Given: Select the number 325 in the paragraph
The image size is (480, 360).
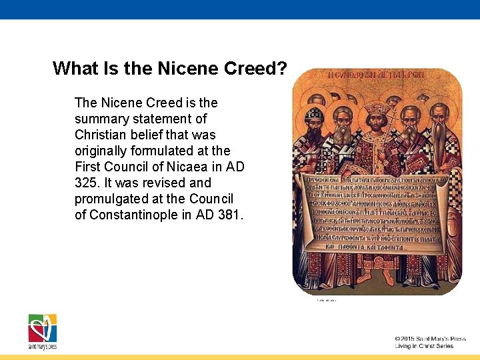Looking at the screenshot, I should (86, 183).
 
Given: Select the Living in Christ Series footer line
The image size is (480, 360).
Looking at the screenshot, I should (424, 346).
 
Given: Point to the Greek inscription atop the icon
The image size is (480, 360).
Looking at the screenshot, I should (377, 75).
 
